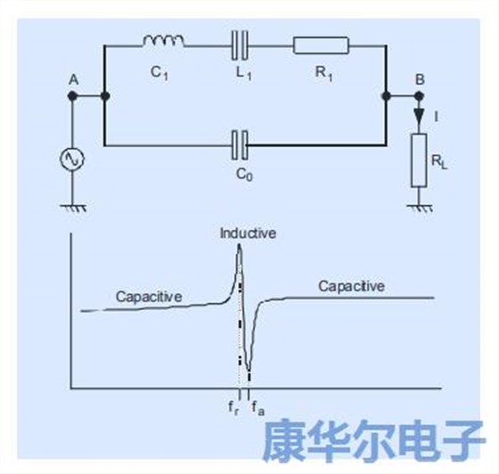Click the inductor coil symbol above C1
point(164,40)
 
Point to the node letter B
point(419,80)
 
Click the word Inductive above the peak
point(249,233)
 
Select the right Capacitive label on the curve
point(351,286)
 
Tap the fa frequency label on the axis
point(256,408)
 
